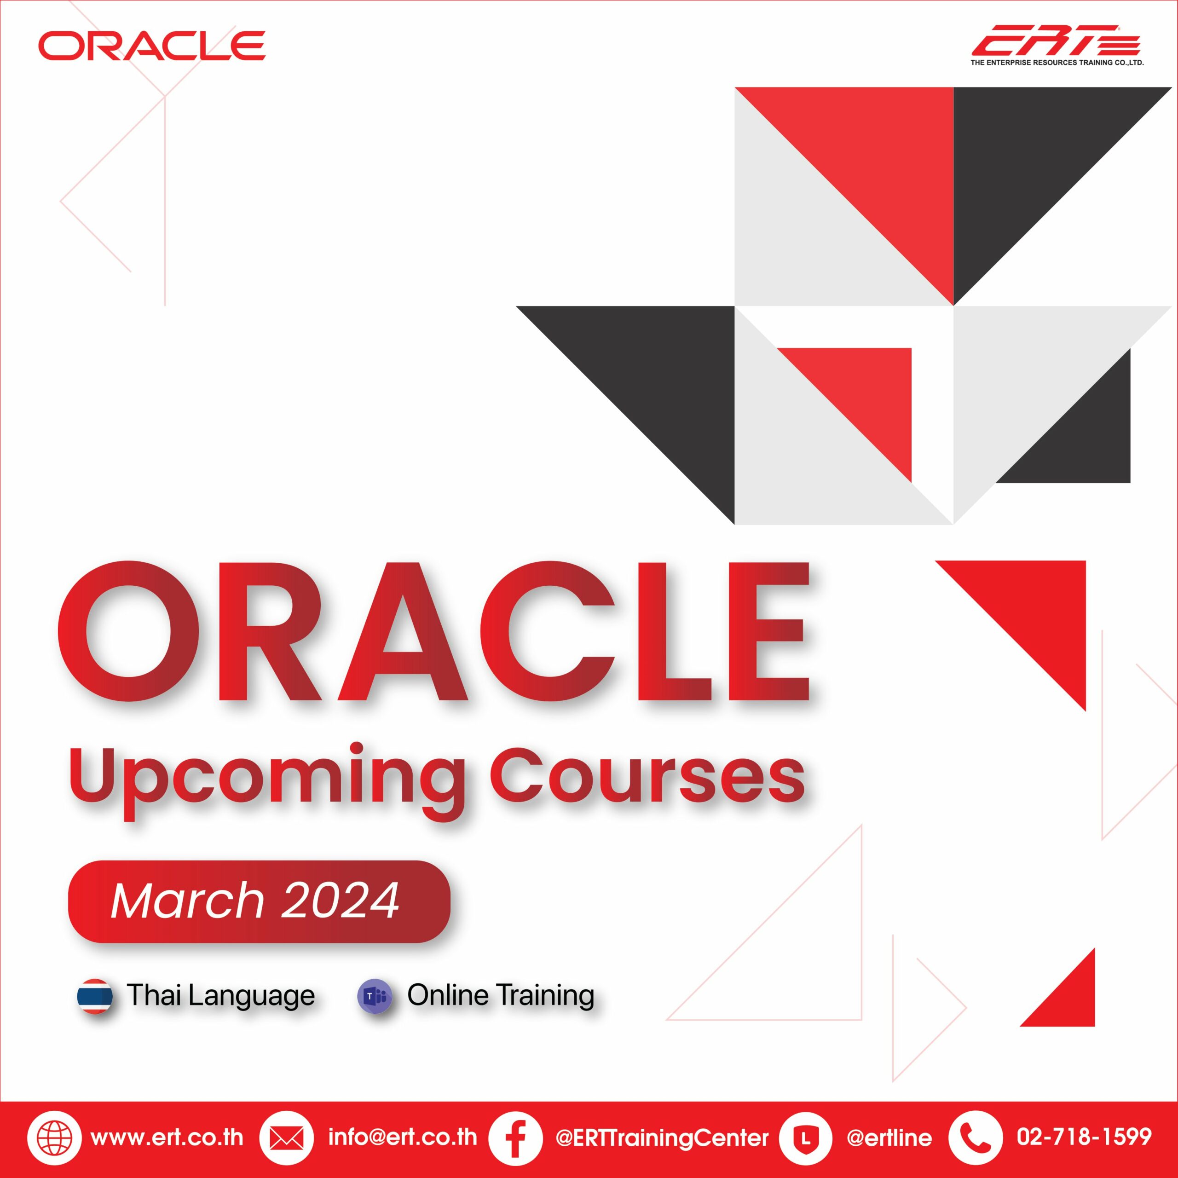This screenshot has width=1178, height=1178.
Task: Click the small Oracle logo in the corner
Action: click(152, 46)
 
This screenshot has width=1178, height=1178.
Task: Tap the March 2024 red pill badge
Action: click(259, 901)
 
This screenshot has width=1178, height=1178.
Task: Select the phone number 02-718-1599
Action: click(1084, 1137)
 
